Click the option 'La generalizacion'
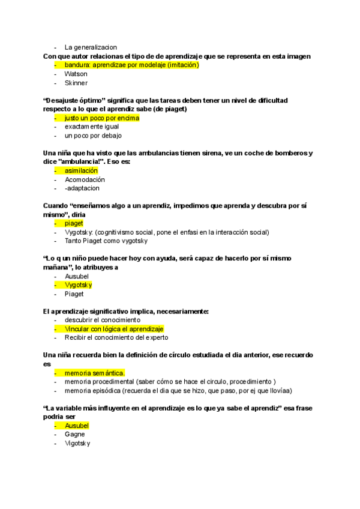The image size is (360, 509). coord(91,47)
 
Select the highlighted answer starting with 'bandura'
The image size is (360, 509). coord(131,65)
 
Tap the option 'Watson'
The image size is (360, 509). coord(76,74)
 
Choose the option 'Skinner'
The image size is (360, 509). coord(76,83)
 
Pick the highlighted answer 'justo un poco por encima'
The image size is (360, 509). coord(101,118)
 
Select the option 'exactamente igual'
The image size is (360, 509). coord(92,127)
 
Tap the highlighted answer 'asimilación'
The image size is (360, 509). coord(81,171)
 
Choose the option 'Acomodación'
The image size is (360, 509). coord(85,179)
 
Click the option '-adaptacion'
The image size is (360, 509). coord(82,188)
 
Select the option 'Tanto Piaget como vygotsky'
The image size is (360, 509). coord(106,241)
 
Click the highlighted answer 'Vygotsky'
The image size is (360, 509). coord(78,285)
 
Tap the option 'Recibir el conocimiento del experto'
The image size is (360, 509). coord(116,338)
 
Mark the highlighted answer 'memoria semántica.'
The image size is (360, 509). coord(94,373)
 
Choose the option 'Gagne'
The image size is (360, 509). coord(75,435)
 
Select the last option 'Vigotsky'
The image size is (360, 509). coord(77,444)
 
